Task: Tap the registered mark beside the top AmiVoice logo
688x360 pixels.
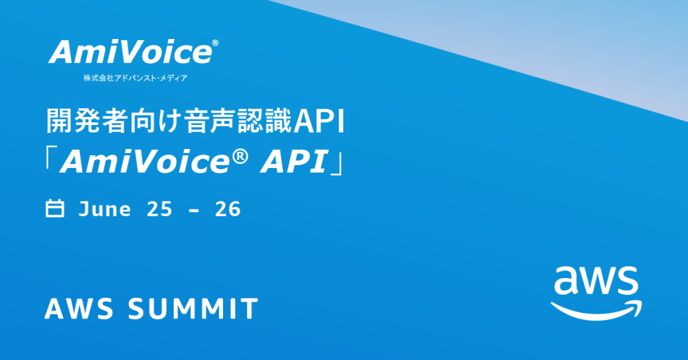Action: pos(215,43)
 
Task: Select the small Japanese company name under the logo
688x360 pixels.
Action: pos(136,78)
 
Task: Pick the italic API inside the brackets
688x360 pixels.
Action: pos(295,162)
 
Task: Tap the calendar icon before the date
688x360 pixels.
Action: pos(55,208)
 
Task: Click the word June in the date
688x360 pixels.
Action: pos(104,209)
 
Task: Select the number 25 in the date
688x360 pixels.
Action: pos(159,209)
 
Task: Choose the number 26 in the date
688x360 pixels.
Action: pos(228,209)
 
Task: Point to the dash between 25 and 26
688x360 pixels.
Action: pos(193,210)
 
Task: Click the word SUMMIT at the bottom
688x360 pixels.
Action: pos(193,308)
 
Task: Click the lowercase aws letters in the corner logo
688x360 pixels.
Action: pos(596,281)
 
